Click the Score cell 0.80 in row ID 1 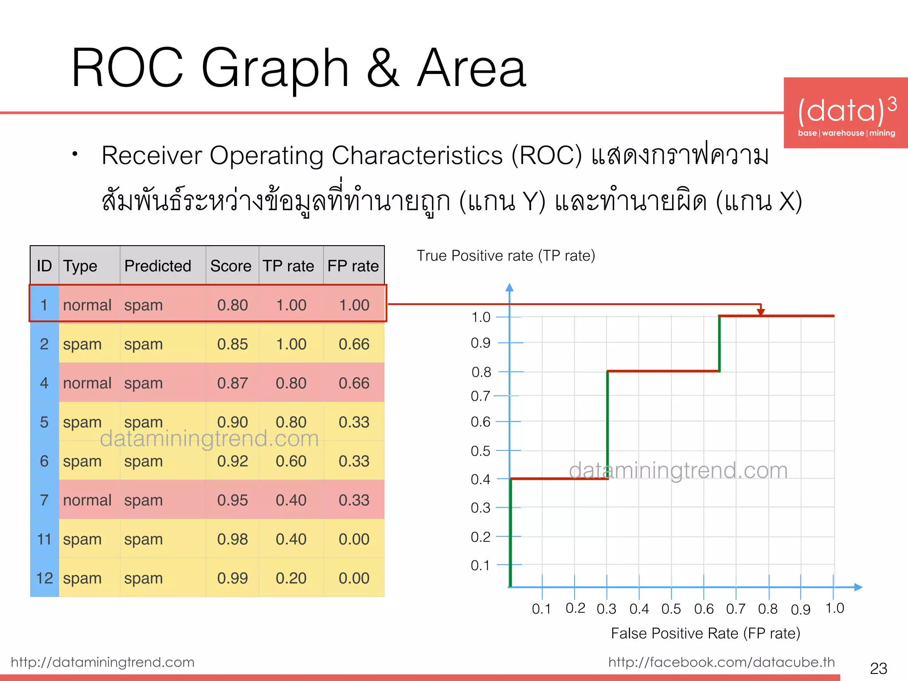232,305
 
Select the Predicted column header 157,266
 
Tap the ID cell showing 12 44,578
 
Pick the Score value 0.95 232,500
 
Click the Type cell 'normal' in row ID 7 87,500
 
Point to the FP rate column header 353,266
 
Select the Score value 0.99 232,578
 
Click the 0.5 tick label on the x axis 671,609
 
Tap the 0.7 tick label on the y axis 481,396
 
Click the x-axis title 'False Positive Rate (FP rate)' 705,633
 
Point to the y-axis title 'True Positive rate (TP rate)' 505,256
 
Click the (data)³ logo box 845,113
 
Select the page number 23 878,668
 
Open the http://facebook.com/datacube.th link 721,662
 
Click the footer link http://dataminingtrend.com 102,662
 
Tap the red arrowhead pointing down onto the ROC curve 761,312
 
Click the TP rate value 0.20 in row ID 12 291,578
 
